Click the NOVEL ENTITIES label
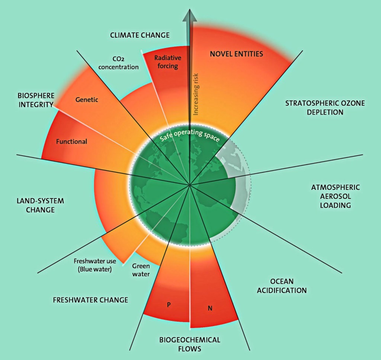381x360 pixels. (236, 54)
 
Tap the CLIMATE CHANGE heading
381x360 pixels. (140, 35)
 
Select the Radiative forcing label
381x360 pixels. (168, 62)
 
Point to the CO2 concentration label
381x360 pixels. (118, 63)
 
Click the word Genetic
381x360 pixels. (87, 99)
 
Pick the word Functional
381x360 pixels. (71, 141)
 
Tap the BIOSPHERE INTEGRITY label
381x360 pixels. (36, 100)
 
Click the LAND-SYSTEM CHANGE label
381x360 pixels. (40, 205)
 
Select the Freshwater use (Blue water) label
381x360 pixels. (95, 265)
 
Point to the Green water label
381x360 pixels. (141, 270)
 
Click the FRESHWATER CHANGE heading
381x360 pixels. (90, 300)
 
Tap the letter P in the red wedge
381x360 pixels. (169, 304)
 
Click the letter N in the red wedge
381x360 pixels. (210, 308)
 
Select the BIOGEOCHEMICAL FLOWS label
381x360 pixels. (190, 344)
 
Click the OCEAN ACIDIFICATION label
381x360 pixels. (282, 286)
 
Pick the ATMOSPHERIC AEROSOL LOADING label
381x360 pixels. (336, 196)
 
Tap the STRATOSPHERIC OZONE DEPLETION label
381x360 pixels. (325, 108)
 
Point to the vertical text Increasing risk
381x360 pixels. (196, 94)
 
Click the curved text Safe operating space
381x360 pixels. (190, 135)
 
